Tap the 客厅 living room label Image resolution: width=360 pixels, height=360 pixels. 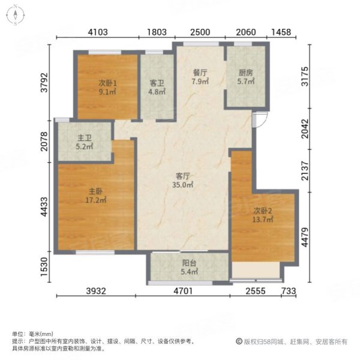pyautogui.click(x=182, y=176)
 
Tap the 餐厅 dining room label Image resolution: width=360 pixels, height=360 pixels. pyautogui.click(x=200, y=73)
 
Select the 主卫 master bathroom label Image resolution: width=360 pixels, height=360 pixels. pyautogui.click(x=83, y=145)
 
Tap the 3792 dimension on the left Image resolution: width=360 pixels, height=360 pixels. pyautogui.click(x=43, y=80)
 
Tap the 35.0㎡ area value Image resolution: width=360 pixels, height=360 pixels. pyautogui.click(x=183, y=185)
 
